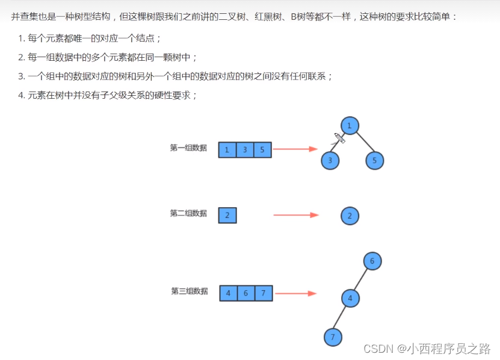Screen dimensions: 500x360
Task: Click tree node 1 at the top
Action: [x=350, y=125]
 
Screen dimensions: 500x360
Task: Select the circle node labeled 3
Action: [x=330, y=161]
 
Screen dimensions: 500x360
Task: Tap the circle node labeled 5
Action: [x=374, y=161]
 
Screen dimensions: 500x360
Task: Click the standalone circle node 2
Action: [x=350, y=216]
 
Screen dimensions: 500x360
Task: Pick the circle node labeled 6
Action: [x=372, y=261]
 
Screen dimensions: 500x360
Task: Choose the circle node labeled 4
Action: [x=350, y=298]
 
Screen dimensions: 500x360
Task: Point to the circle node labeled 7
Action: [x=332, y=337]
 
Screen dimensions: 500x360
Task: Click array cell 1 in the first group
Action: [x=227, y=150]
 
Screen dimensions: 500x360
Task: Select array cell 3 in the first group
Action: [x=245, y=150]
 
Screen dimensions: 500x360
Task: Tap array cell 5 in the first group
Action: [x=262, y=150]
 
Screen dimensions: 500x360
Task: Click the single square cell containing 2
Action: [x=227, y=216]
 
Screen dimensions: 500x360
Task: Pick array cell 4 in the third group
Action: [x=229, y=294]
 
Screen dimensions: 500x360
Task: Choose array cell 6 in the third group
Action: [x=246, y=294]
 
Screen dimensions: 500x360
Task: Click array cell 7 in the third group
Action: [x=264, y=294]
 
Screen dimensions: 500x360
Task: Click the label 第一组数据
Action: [x=188, y=147]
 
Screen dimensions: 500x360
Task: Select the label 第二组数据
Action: [x=188, y=213]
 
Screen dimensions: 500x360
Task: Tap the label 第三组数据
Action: [x=190, y=291]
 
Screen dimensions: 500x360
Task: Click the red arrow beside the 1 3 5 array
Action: [x=295, y=149]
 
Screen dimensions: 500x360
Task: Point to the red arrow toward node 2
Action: [x=295, y=215]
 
